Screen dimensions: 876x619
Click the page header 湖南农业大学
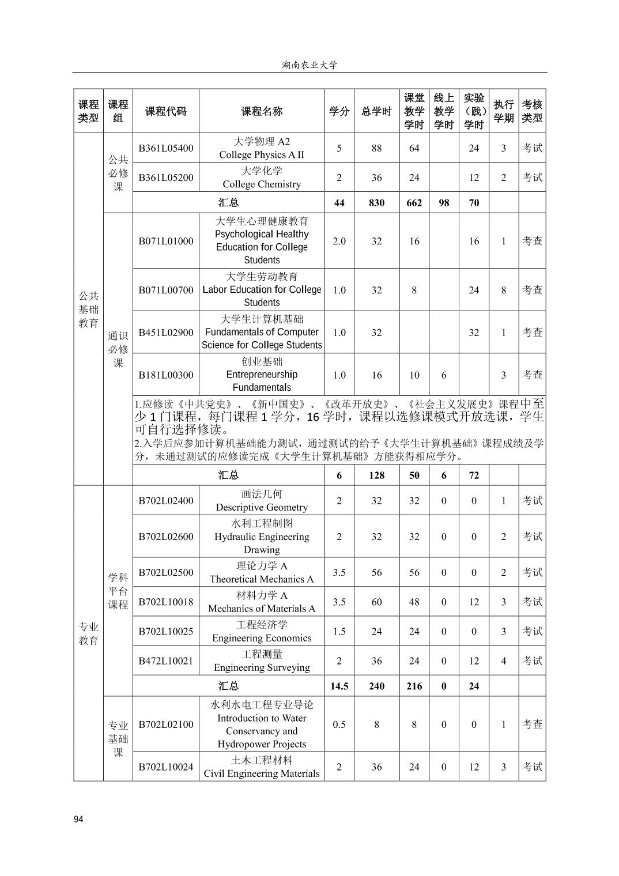(x=309, y=65)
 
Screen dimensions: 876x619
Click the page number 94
(x=79, y=819)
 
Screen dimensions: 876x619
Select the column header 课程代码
(x=165, y=111)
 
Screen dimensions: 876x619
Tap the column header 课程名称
(x=262, y=111)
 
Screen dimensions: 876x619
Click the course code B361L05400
(x=165, y=148)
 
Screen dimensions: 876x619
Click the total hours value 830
(x=376, y=203)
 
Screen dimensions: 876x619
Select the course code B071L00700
(x=165, y=290)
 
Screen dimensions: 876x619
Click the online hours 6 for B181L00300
(x=444, y=375)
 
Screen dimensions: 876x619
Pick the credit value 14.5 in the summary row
(x=339, y=686)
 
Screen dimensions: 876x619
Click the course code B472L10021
(x=165, y=661)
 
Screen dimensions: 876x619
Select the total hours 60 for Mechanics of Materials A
(x=376, y=602)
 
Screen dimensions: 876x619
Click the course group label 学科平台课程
(x=118, y=591)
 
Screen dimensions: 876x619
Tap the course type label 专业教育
(x=88, y=633)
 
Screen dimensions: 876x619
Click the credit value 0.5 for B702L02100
(x=339, y=724)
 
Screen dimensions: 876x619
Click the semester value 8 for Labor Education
(x=503, y=290)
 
